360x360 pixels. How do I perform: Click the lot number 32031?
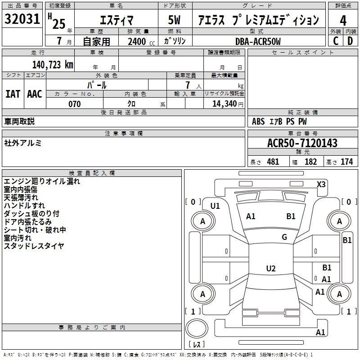tap(22, 19)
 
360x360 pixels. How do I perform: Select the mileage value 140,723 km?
tap(53, 65)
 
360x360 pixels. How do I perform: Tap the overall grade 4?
tap(343, 21)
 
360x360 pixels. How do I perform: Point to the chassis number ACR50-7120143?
tap(302, 143)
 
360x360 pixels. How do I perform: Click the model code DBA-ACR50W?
tap(258, 41)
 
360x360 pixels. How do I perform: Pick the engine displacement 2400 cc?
tap(141, 41)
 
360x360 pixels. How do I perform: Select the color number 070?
tap(75, 104)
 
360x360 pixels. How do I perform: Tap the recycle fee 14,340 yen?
tap(228, 104)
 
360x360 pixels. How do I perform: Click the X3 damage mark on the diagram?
tap(321, 184)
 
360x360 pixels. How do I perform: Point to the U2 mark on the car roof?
tap(271, 268)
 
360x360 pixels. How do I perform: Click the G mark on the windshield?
tap(284, 237)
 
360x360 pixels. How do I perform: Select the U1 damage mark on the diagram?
tap(215, 206)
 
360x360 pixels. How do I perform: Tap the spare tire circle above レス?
tap(197, 328)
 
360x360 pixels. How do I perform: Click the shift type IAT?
tap(13, 94)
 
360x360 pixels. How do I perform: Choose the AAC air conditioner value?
tap(35, 94)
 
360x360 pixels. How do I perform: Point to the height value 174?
tap(346, 162)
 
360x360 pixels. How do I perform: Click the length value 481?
tap(273, 162)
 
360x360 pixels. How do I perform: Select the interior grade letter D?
tap(350, 41)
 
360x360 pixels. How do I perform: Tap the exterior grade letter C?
tap(336, 41)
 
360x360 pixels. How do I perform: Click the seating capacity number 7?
tap(188, 85)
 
